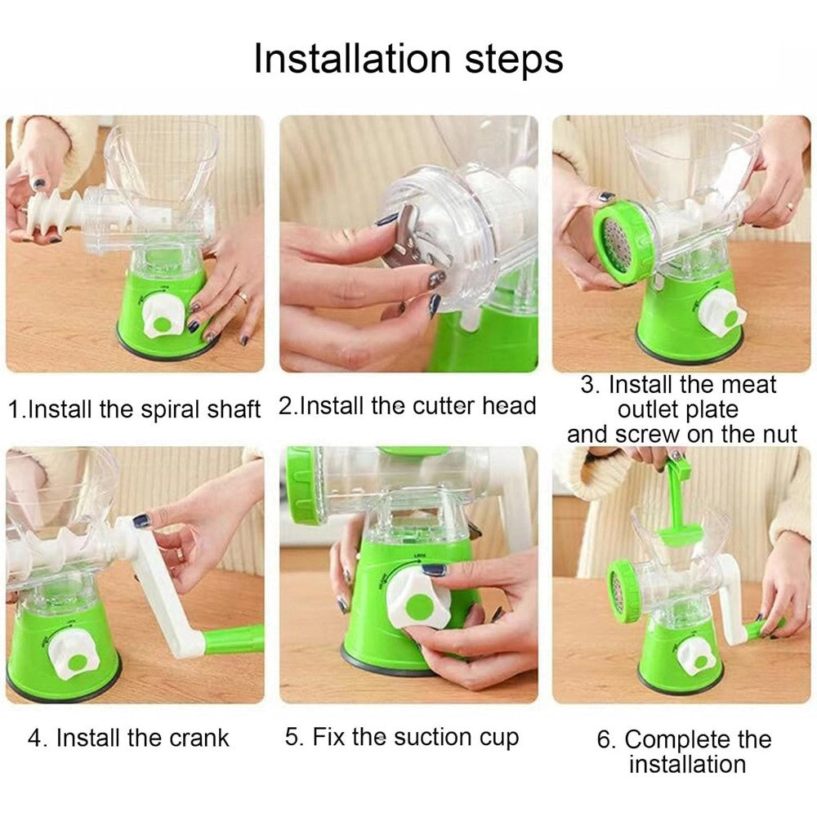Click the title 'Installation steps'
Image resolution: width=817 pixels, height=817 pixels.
408,59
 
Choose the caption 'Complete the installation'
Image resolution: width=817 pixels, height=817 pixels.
684,752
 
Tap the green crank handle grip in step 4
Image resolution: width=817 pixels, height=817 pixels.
234,640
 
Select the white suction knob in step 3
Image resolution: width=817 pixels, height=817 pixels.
722,313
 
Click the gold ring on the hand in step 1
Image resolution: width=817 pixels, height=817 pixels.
243,297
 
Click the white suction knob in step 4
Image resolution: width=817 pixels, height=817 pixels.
74,654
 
